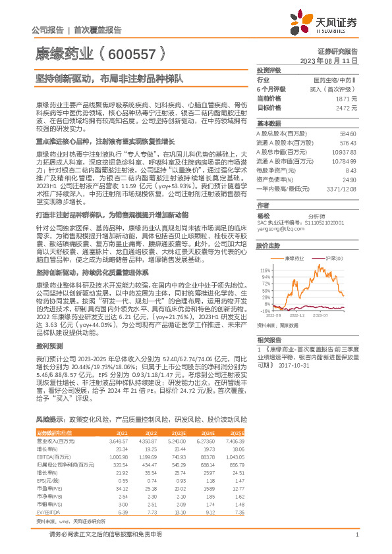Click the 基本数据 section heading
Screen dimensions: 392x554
coord(269,124)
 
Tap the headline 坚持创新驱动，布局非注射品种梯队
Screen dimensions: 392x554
coord(109,77)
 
